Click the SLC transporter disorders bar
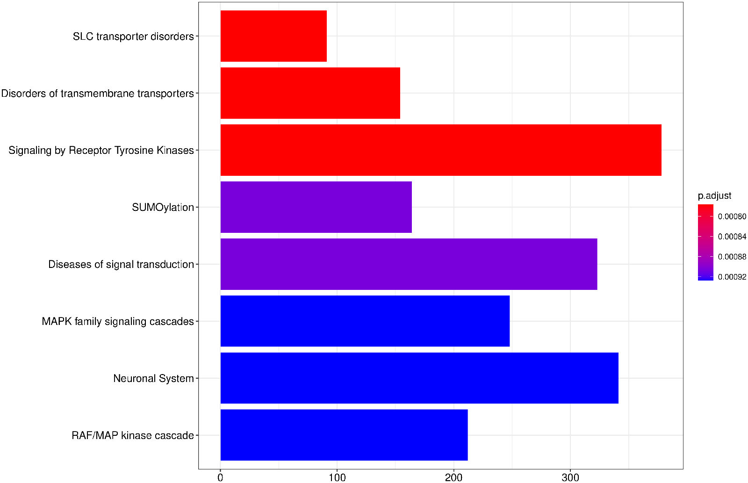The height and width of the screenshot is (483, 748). (273, 36)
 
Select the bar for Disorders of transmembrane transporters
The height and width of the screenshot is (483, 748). (310, 93)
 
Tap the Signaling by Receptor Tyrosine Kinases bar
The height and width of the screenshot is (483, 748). (441, 150)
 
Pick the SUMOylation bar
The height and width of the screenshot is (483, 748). (316, 207)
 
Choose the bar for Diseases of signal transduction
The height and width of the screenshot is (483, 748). (409, 264)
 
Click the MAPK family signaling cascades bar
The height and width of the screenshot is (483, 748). (365, 321)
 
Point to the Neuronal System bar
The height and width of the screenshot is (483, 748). (419, 378)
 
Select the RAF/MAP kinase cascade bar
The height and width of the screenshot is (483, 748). (344, 435)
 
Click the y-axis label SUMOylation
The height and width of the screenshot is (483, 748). (163, 207)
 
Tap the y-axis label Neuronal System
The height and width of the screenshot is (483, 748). (153, 378)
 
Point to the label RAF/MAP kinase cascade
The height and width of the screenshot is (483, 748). (133, 435)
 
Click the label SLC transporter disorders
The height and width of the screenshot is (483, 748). (133, 36)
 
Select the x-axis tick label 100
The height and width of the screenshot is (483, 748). (337, 477)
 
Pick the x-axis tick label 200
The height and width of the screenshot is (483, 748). (453, 477)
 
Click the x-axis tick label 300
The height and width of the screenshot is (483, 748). (570, 477)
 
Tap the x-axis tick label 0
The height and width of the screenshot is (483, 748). (221, 477)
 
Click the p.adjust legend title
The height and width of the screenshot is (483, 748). (714, 195)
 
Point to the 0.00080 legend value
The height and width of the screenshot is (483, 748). (732, 216)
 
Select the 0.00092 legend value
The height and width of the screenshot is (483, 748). (732, 277)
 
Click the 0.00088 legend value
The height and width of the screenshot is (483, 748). (732, 257)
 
